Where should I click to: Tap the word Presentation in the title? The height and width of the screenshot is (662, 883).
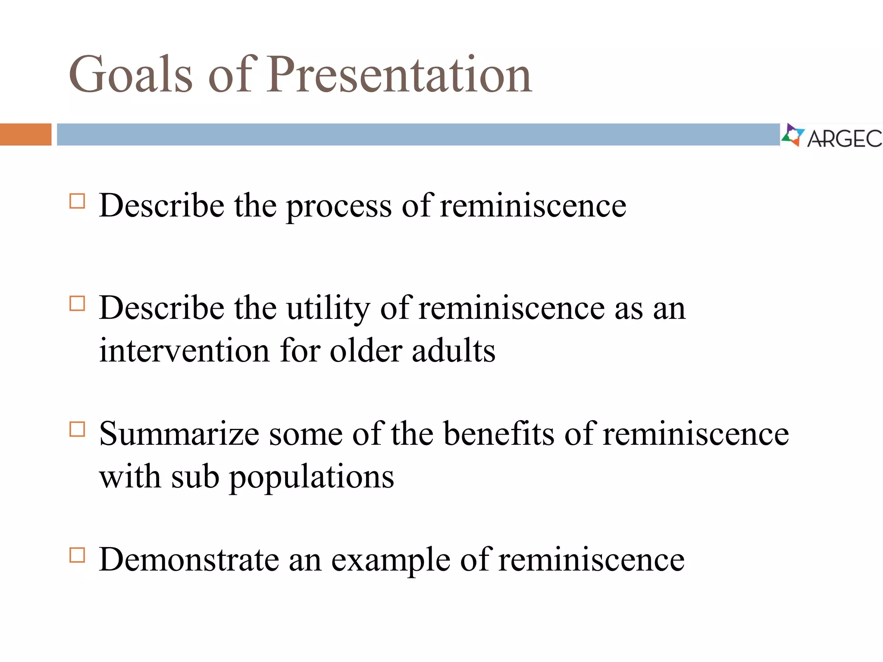point(400,74)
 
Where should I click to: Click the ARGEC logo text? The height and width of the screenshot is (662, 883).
point(844,139)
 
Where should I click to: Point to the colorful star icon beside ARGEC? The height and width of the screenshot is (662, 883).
point(792,135)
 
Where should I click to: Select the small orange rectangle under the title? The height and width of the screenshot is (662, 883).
point(25,134)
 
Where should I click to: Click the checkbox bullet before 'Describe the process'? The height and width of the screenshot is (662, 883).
point(77,201)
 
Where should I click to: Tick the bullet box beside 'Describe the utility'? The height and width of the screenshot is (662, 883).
point(77,304)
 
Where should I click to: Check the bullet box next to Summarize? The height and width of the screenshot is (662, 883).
point(77,429)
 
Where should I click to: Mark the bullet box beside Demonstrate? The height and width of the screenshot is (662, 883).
point(77,555)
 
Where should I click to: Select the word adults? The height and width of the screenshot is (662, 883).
point(454,350)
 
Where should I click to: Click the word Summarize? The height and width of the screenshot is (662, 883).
point(179,434)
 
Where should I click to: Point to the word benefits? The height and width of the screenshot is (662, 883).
point(499,434)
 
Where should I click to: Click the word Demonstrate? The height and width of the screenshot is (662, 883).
point(189,559)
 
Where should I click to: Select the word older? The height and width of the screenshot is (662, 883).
point(366,350)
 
